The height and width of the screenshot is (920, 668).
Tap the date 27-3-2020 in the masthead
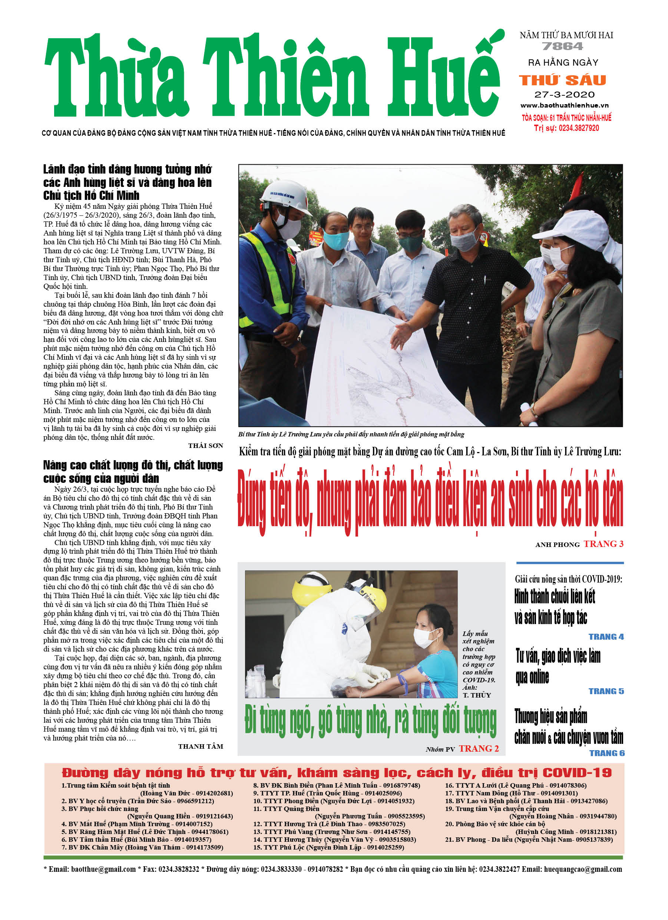(x=564, y=95)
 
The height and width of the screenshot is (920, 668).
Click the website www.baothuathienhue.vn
(x=564, y=105)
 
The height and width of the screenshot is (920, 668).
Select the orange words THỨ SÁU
(x=563, y=80)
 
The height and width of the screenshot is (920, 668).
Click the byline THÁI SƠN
(x=205, y=446)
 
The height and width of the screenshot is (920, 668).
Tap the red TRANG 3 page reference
(x=603, y=544)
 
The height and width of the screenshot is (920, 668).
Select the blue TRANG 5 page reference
(x=606, y=691)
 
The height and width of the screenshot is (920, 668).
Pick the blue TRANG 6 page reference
(x=606, y=753)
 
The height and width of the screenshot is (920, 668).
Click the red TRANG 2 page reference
(x=479, y=749)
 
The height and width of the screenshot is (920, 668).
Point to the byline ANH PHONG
(x=557, y=545)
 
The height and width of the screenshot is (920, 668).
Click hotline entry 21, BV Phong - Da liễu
(x=529, y=840)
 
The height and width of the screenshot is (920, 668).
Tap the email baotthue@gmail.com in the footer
(x=103, y=869)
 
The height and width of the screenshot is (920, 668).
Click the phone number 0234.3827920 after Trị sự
(x=578, y=128)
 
